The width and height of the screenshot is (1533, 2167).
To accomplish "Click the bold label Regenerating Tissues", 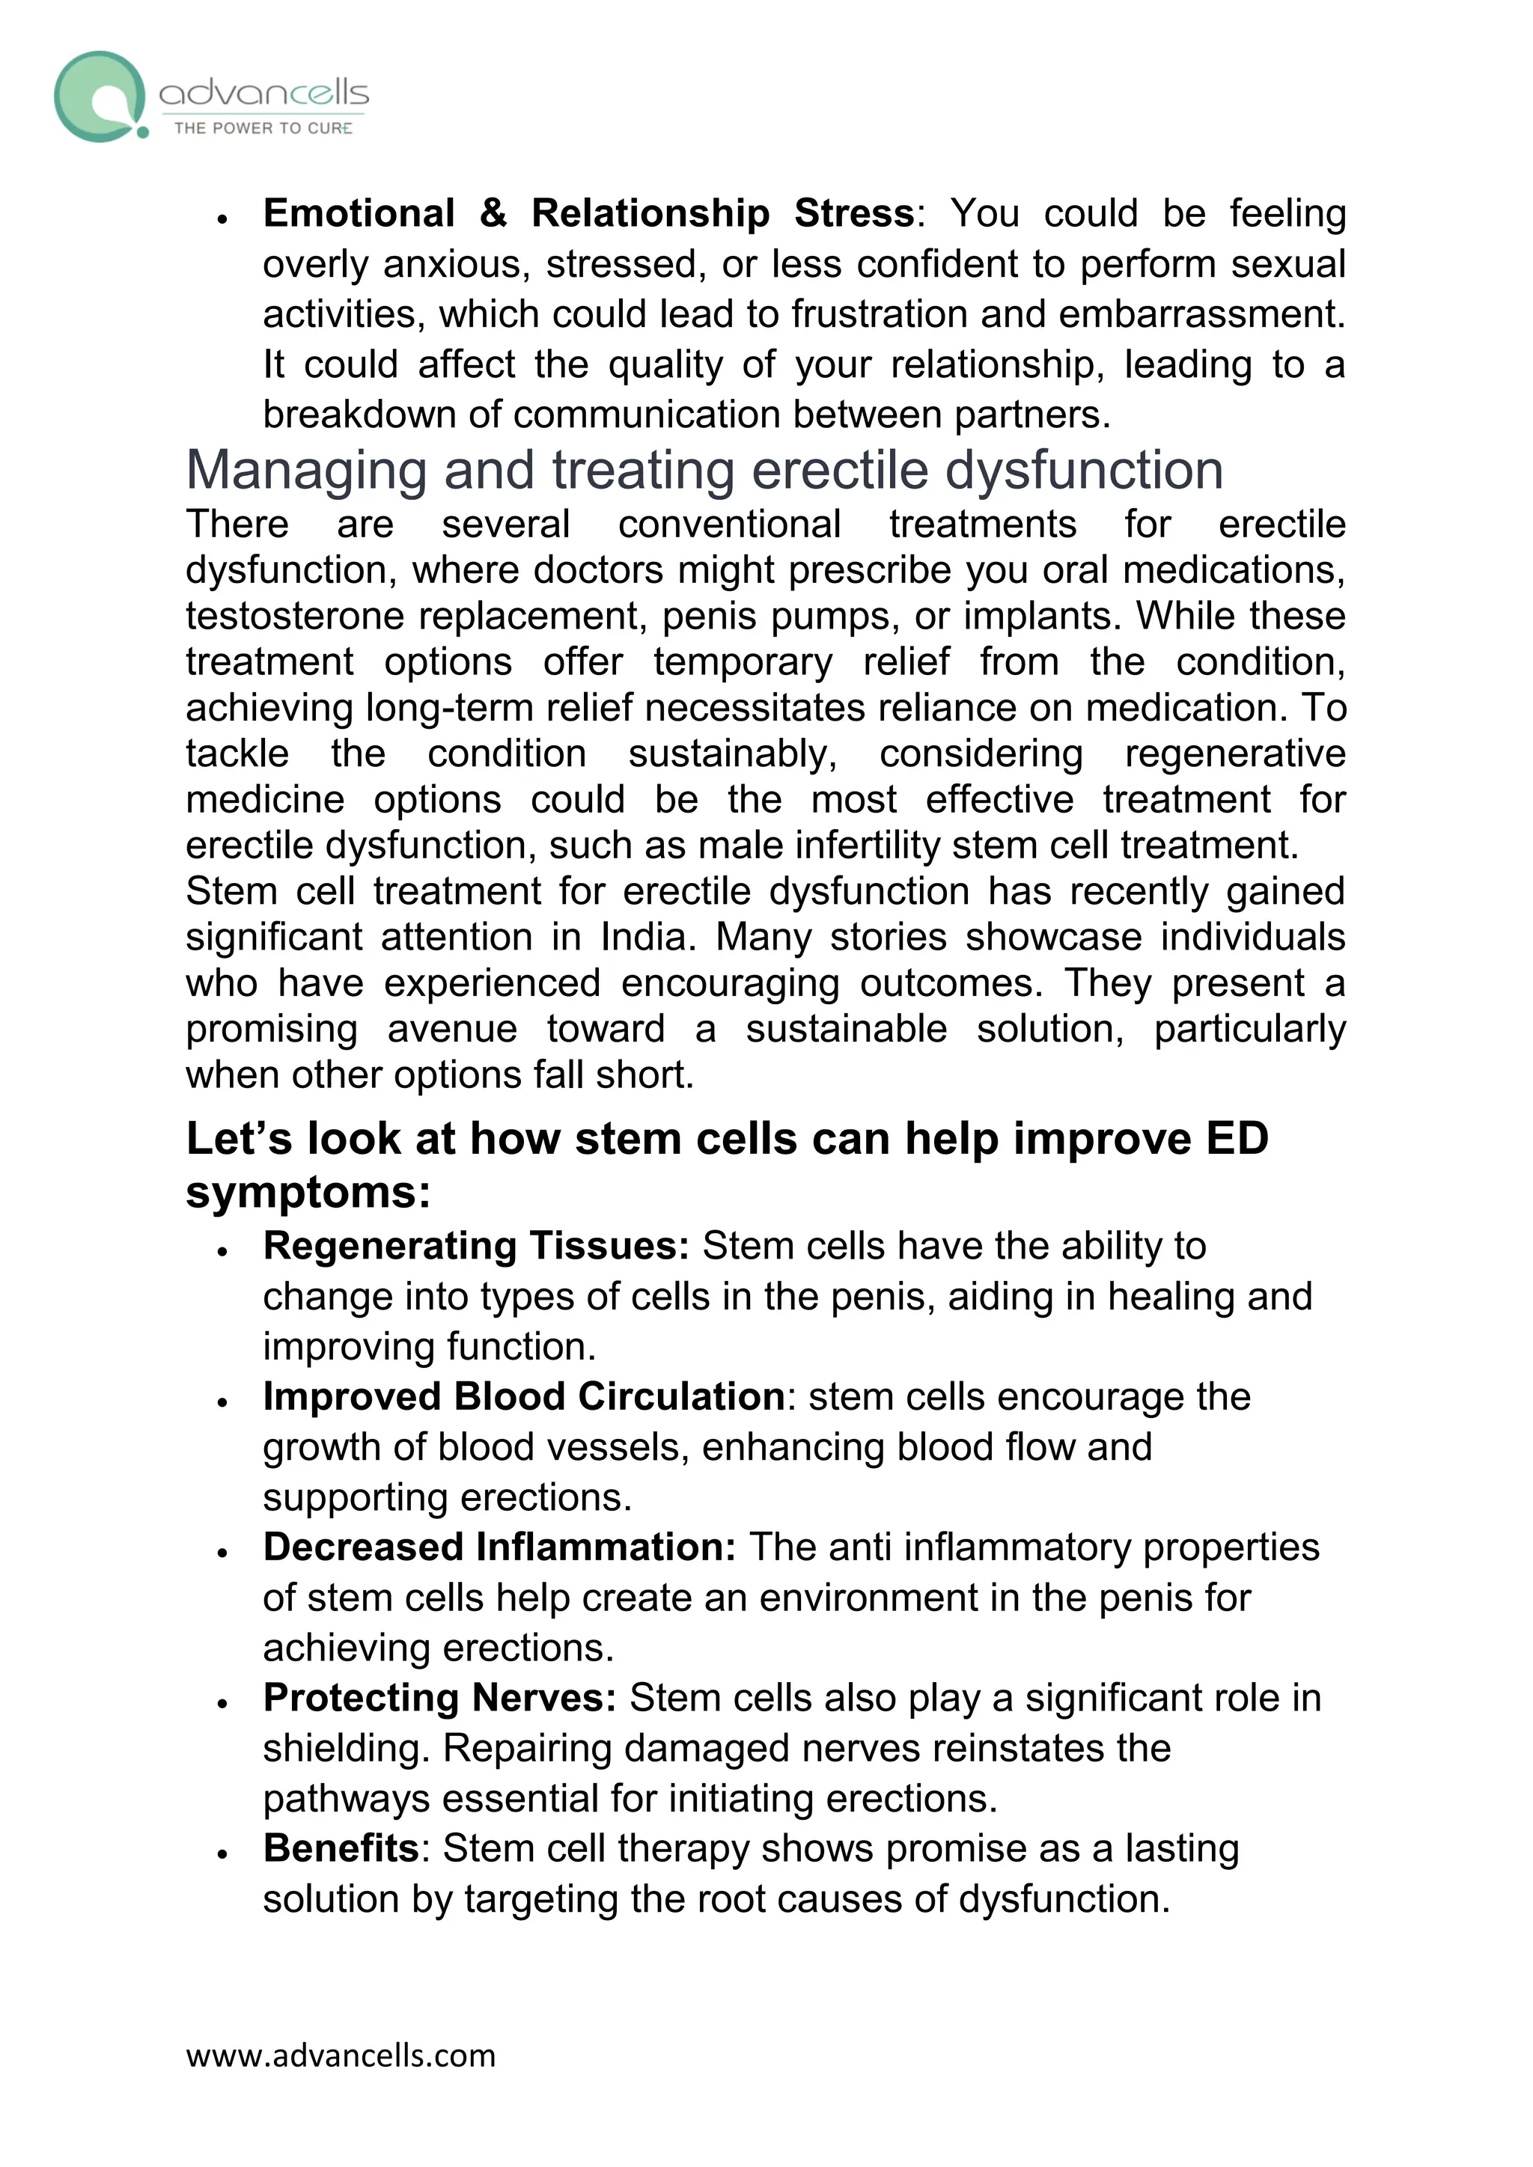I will (x=476, y=1246).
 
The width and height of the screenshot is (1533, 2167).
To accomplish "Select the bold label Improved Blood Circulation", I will (x=524, y=1397).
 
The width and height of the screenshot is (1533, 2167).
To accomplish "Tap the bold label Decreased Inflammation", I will (x=499, y=1548).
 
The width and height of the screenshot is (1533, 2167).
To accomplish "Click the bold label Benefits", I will (x=341, y=1848).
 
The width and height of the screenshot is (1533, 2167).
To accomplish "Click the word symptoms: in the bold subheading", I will (x=308, y=1193).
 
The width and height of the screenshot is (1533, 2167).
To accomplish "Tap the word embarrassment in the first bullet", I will (x=1201, y=314).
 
